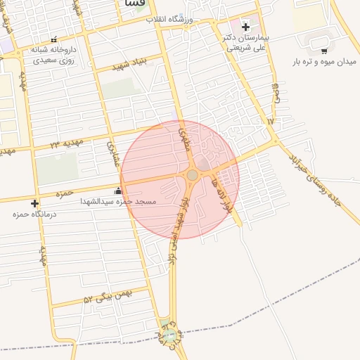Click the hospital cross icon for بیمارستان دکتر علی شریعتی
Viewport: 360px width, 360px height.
(245, 27)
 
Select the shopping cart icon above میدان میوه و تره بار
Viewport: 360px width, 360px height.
(323, 51)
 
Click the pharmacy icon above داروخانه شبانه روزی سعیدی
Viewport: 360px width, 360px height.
(53, 40)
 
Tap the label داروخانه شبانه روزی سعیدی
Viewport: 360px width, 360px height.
(53, 56)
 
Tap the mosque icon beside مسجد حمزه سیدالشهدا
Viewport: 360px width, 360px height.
(117, 191)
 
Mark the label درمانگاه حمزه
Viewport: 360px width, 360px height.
(29, 214)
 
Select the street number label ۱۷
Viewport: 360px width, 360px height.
(270, 121)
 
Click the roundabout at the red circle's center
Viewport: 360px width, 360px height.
(192, 174)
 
